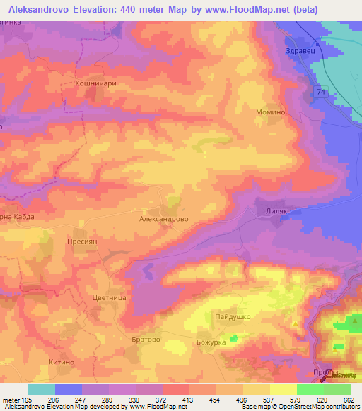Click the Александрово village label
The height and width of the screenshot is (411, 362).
pos(163,220)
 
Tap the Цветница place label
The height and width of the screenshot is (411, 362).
pos(109,299)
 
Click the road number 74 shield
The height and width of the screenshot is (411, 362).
pos(322,93)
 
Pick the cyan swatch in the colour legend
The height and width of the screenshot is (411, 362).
pos(42,389)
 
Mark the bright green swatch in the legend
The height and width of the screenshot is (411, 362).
pos(310,389)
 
